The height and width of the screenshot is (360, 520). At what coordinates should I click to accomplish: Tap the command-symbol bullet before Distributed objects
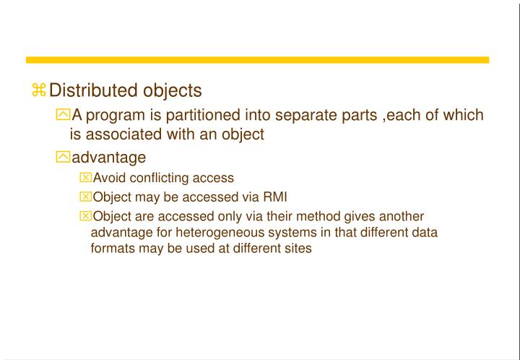(39, 90)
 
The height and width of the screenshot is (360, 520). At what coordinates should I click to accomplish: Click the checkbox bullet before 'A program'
(64, 115)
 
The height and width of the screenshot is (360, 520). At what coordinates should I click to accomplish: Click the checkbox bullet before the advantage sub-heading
(64, 157)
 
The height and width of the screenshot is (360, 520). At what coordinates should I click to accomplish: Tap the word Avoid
(108, 177)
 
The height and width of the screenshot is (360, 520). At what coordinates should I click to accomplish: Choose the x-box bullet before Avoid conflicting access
(87, 177)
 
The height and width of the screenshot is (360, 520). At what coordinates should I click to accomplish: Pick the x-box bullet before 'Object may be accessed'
(87, 196)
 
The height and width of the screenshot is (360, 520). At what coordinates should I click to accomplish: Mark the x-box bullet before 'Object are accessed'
(87, 215)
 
